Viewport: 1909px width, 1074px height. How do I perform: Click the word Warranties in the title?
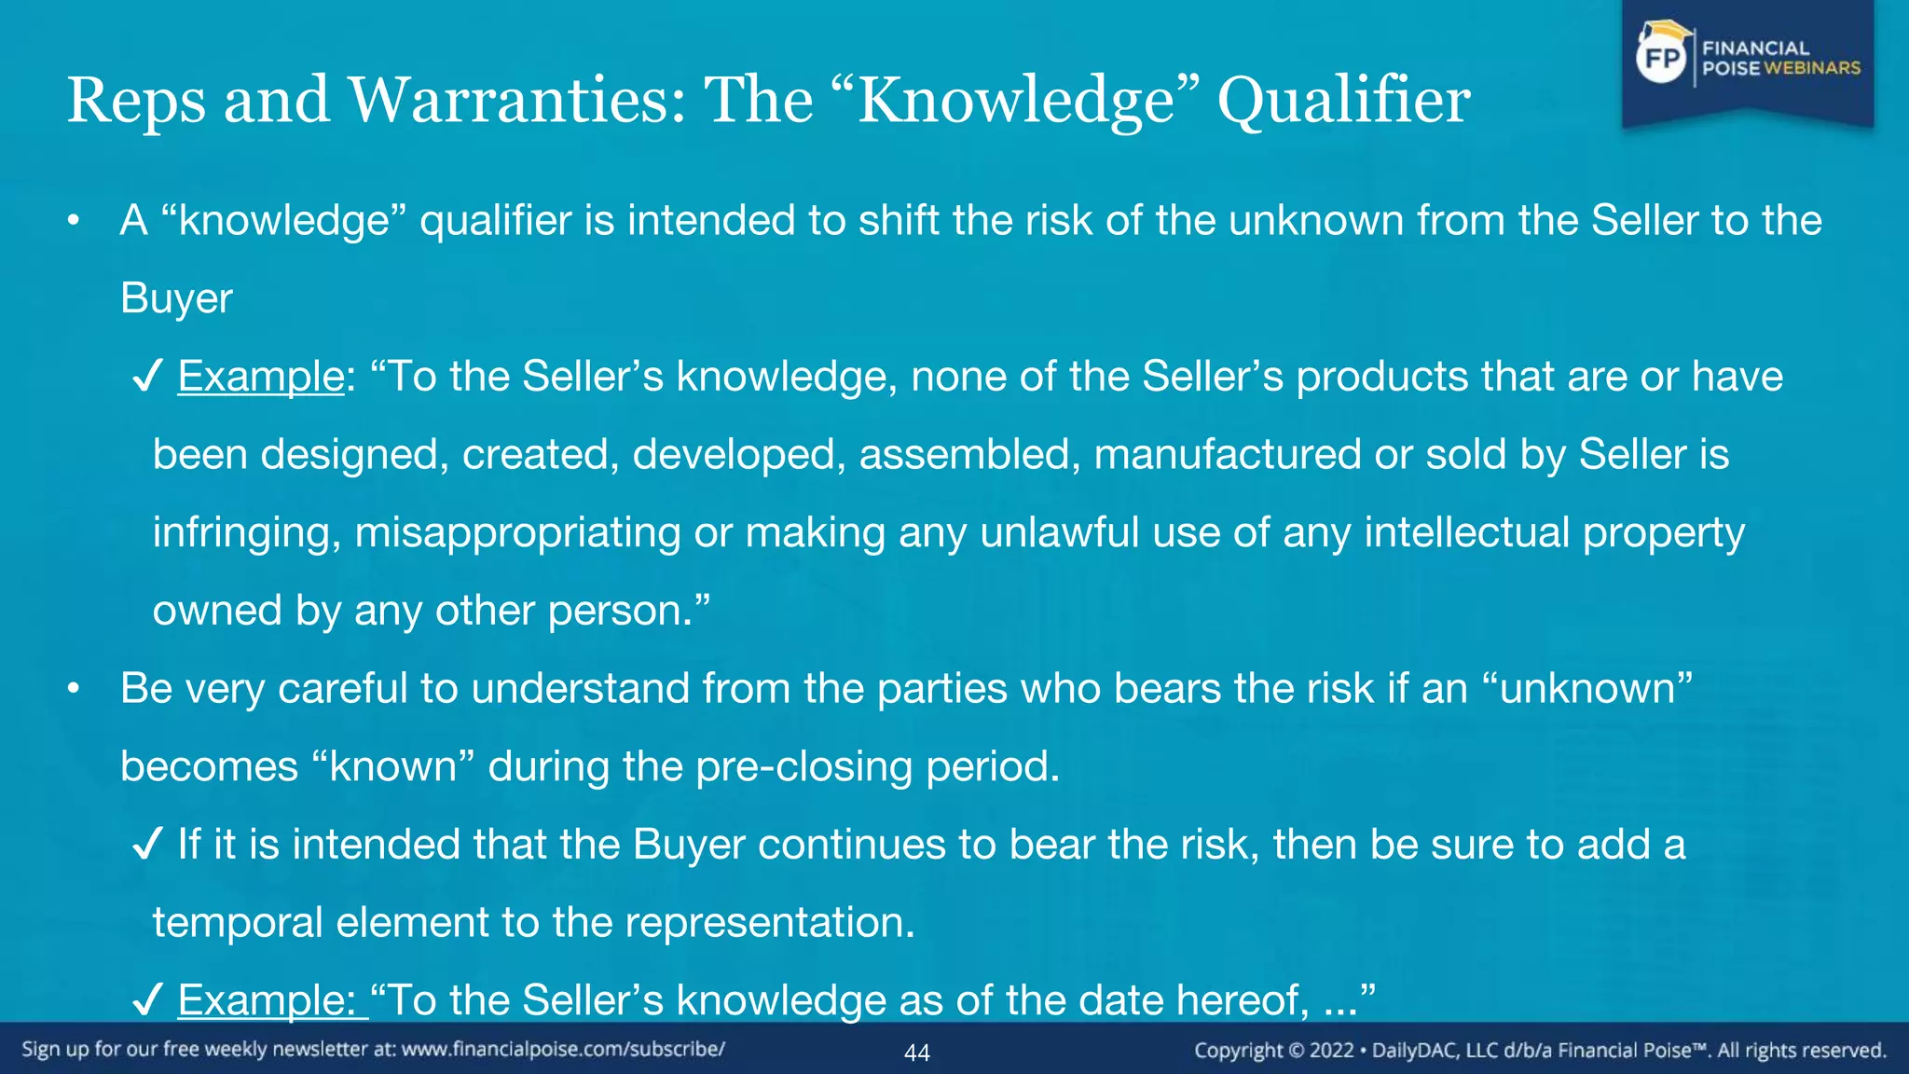tap(516, 101)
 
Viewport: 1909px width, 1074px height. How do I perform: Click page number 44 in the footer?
tap(917, 1053)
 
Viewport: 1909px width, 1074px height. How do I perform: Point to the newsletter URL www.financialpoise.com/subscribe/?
tap(563, 1050)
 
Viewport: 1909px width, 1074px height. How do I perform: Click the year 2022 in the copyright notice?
tap(1331, 1051)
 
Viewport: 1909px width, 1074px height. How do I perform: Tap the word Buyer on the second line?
tap(176, 298)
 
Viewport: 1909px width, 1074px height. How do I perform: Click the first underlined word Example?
tap(261, 377)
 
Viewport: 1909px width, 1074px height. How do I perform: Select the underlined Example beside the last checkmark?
tap(267, 1000)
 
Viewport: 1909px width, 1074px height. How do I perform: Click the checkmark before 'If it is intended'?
tap(148, 845)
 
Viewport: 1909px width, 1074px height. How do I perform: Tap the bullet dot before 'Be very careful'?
tap(74, 689)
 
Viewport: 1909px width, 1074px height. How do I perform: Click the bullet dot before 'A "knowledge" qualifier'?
tap(74, 221)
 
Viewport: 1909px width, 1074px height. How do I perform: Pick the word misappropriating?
tap(517, 532)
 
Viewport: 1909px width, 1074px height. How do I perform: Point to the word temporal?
tap(238, 923)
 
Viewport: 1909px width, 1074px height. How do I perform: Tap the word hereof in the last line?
tap(1243, 1000)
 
